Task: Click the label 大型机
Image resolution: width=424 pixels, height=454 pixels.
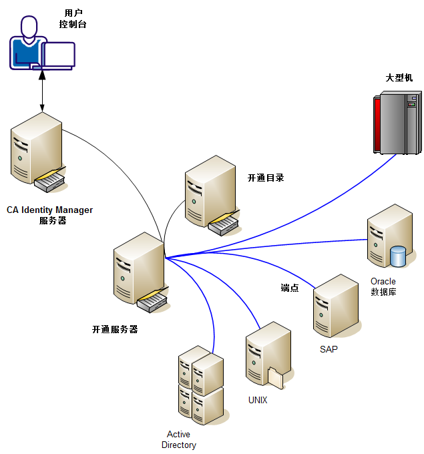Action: click(399, 77)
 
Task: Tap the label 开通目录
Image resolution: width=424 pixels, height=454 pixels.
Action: click(266, 178)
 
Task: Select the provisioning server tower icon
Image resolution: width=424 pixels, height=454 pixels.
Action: click(138, 270)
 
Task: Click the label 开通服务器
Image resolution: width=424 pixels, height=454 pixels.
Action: click(115, 329)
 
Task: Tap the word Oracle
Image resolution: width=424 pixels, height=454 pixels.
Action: click(383, 281)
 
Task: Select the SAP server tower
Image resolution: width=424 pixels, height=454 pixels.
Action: click(337, 307)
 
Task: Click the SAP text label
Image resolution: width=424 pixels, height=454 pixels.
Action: click(329, 349)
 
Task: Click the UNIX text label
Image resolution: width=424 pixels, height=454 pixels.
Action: click(258, 400)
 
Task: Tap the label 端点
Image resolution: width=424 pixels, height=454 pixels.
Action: click(289, 288)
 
